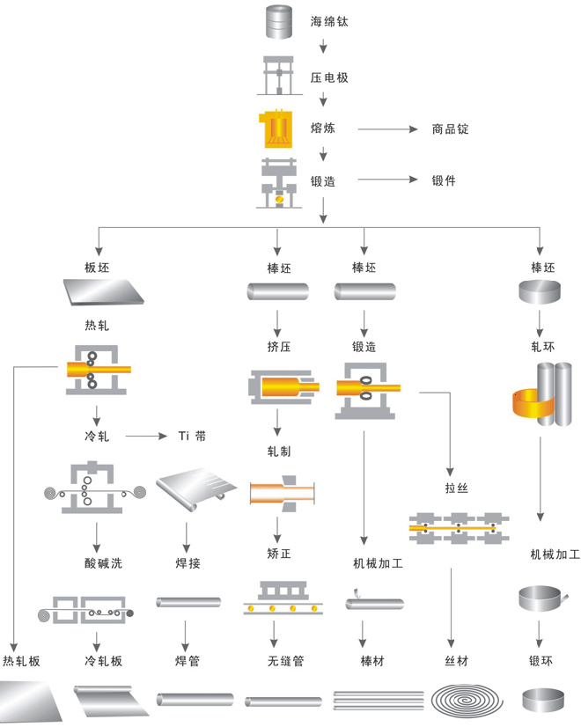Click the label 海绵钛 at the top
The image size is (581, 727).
pyautogui.click(x=330, y=21)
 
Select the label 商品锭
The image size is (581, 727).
pyautogui.click(x=450, y=129)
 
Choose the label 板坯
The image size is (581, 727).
pyautogui.click(x=98, y=267)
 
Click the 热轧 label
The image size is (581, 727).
pyautogui.click(x=98, y=325)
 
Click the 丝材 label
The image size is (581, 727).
pyautogui.click(x=458, y=660)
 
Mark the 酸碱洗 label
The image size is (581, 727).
pyautogui.click(x=98, y=562)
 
